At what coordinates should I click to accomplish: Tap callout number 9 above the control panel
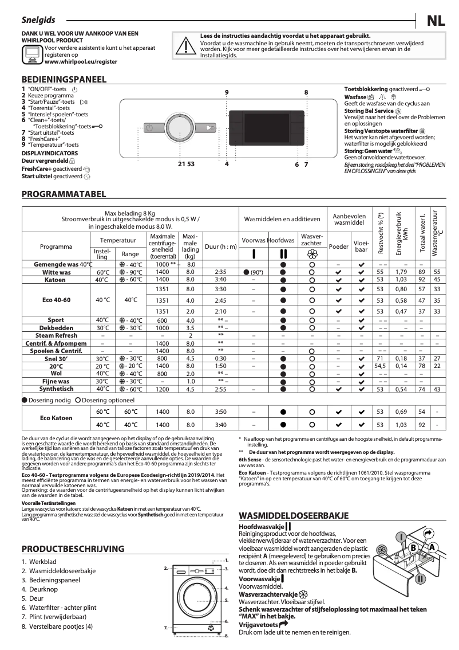click(x=227, y=92)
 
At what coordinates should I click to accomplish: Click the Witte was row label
click(x=57, y=272)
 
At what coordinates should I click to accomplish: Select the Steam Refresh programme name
click(x=57, y=335)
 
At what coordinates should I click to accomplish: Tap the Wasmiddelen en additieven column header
click(x=282, y=219)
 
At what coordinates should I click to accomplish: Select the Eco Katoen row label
click(x=56, y=418)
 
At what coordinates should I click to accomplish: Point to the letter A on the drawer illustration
click(x=433, y=547)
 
